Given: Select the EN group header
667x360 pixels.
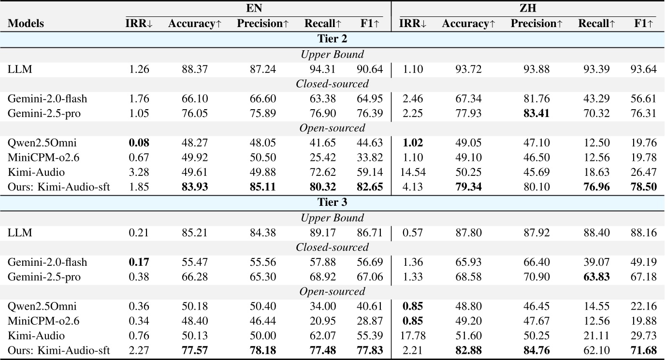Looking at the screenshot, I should (254, 8).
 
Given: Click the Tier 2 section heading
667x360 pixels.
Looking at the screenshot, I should (332, 39).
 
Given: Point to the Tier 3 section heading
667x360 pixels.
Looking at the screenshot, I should (332, 202).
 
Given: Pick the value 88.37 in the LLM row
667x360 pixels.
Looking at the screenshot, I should (195, 69).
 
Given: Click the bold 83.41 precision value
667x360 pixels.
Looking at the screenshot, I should (536, 114).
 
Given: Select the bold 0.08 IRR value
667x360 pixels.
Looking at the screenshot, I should (139, 143).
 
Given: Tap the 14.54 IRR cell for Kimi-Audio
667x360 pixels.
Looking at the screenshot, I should (412, 173).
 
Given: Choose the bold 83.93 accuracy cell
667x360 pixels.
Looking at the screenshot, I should (195, 187).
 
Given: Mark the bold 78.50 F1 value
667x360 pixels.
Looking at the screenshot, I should (643, 187).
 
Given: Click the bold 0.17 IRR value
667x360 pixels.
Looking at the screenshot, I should (139, 262).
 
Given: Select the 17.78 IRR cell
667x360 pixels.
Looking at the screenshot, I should (412, 336).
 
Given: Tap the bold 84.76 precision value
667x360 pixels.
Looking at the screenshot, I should (536, 350).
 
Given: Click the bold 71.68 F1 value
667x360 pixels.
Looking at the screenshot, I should (643, 350).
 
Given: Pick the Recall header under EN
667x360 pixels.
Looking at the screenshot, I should (323, 23).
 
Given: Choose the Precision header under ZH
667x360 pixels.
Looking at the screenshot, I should (536, 23).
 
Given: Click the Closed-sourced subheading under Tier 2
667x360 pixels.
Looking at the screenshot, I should (332, 84).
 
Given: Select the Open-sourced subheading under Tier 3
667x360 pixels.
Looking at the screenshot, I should (332, 291).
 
